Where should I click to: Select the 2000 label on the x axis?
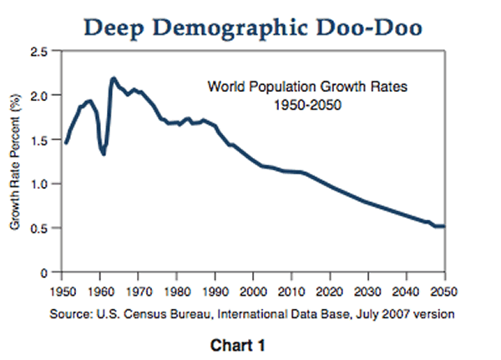254,292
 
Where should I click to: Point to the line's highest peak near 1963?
113,79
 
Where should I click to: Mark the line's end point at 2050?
443,226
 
